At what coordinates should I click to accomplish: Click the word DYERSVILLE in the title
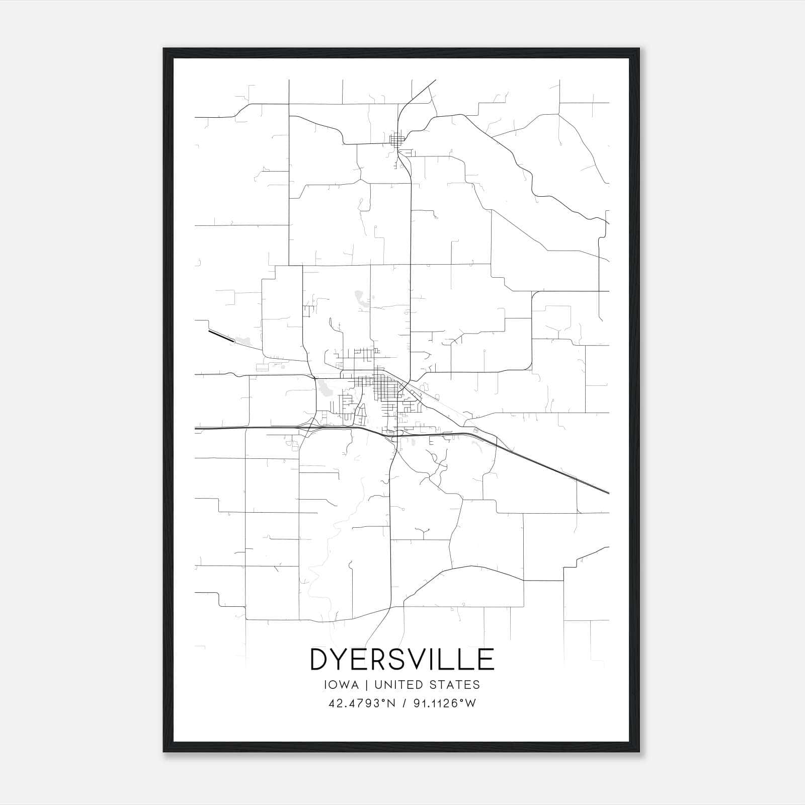[402, 660]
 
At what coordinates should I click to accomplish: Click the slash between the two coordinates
[403, 703]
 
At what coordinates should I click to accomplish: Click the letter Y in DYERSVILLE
[343, 660]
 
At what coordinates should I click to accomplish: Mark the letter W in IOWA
[343, 685]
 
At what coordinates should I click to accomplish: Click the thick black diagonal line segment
[221, 336]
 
